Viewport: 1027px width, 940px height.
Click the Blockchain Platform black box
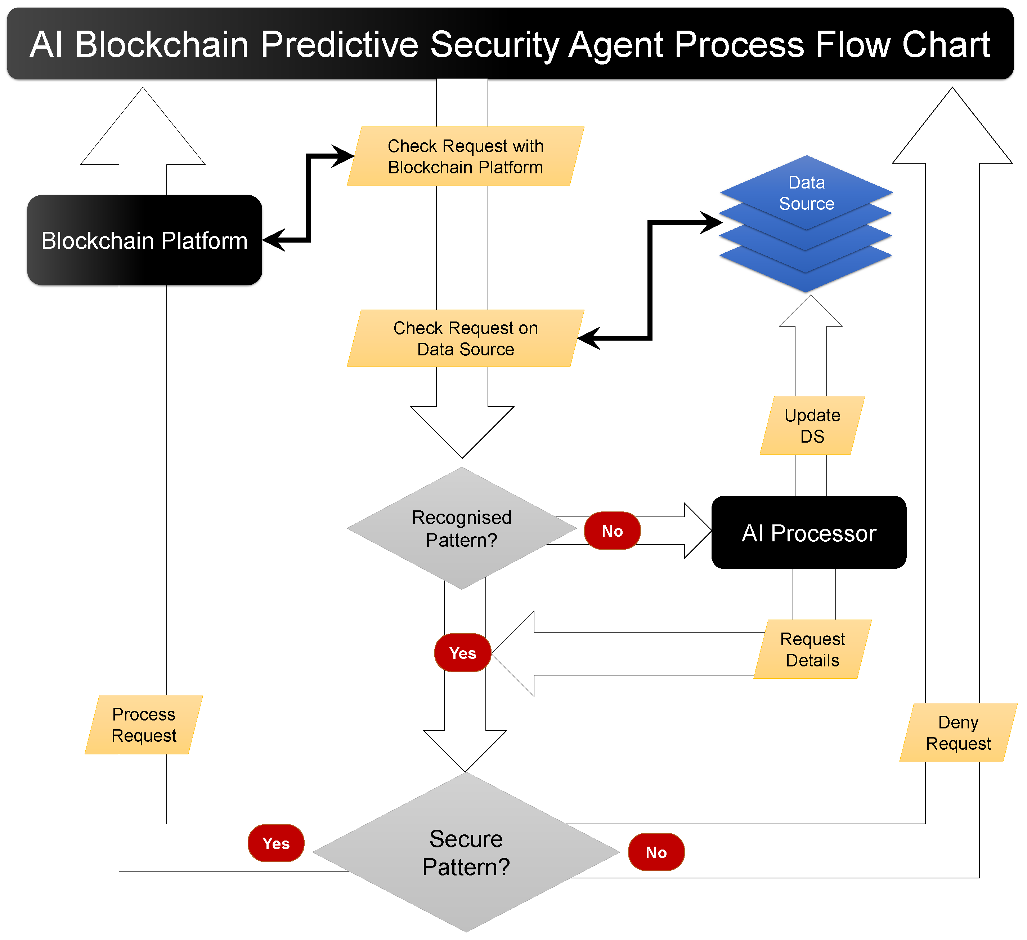144,240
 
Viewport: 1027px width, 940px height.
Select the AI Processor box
808,533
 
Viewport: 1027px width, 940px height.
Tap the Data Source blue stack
806,224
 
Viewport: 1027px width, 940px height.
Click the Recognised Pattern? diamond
462,529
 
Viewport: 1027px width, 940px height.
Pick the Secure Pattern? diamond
466,853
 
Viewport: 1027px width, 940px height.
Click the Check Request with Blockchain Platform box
465,156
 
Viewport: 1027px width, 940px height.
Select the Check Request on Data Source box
465,338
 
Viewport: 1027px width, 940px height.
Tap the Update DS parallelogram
812,426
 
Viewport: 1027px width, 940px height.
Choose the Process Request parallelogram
144,725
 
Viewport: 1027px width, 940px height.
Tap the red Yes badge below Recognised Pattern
462,653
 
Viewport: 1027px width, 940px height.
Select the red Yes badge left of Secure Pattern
275,844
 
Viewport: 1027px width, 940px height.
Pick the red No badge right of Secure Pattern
656,853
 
